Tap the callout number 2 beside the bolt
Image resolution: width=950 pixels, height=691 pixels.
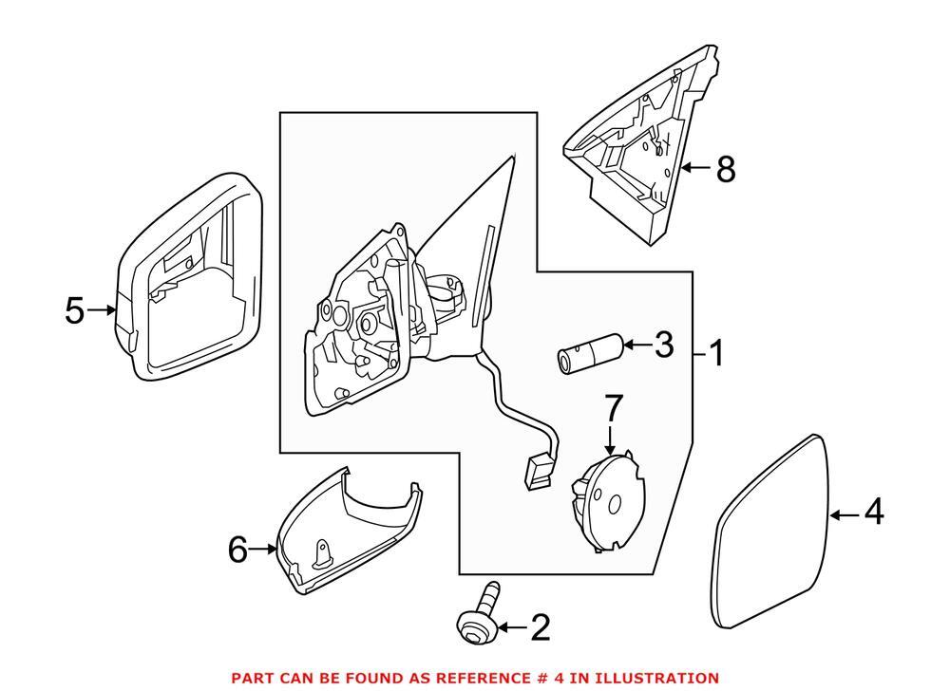click(x=540, y=627)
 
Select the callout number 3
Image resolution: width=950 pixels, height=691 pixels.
click(x=663, y=345)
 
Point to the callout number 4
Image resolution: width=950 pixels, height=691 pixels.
click(x=874, y=514)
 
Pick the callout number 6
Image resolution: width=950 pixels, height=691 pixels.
click(x=237, y=549)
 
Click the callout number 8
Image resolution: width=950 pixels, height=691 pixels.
click(x=725, y=169)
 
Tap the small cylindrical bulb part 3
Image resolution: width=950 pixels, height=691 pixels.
click(x=588, y=355)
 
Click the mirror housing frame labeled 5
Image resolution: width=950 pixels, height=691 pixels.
click(x=190, y=280)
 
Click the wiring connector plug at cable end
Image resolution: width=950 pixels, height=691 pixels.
click(x=538, y=470)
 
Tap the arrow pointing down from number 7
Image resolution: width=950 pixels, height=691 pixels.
click(x=612, y=439)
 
